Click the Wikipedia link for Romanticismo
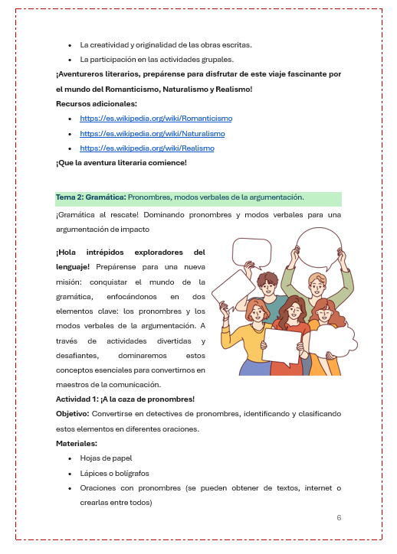156,119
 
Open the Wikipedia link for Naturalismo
152,133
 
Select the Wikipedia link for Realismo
146,148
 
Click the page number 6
339,518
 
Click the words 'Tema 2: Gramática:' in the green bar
90,197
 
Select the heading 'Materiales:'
76,443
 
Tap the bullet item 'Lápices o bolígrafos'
114,473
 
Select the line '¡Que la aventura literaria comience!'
121,163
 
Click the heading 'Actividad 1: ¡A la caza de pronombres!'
125,399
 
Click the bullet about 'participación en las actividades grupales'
156,59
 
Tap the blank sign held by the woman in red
281,346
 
